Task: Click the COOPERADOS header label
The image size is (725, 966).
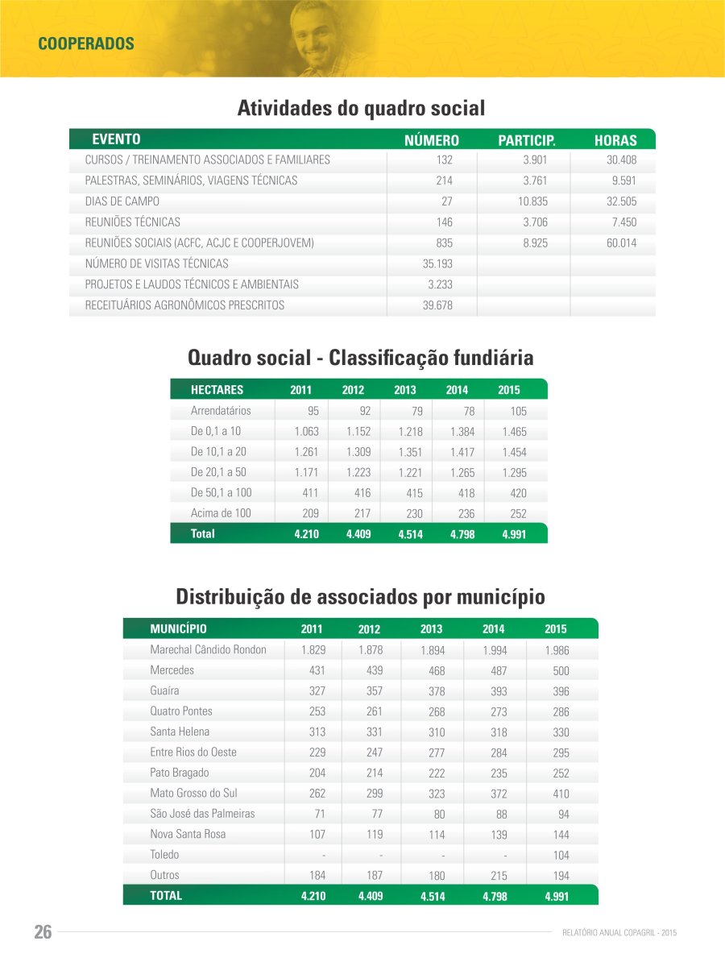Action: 85,44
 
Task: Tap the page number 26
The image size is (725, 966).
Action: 43,932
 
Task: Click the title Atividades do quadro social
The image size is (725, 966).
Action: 361,107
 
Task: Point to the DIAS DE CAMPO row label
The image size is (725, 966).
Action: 122,201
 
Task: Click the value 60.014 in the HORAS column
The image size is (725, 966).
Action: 621,243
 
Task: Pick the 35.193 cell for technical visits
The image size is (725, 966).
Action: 438,263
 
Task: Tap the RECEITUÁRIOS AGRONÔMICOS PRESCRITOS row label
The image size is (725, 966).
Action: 184,305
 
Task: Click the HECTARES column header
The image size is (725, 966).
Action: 217,390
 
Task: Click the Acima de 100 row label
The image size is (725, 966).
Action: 221,513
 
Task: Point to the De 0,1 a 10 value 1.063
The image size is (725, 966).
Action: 306,432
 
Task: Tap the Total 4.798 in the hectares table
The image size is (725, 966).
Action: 462,534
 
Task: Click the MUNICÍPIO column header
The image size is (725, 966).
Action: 178,628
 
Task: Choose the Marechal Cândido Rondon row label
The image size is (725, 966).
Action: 208,649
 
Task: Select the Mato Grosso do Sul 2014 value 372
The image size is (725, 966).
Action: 494,794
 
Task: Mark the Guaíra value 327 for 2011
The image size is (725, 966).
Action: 317,691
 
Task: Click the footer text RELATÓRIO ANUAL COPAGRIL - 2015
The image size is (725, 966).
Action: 619,933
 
